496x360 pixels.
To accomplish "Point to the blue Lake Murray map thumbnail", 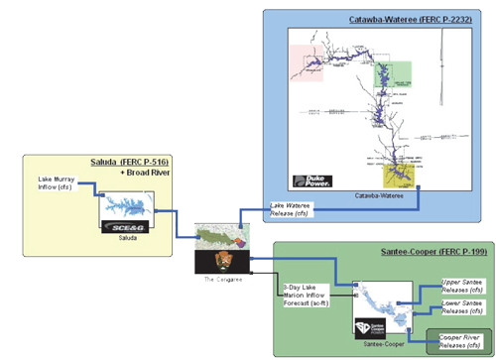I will pyautogui.click(x=126, y=206).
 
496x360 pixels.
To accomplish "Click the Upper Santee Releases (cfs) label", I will pyautogui.click(x=461, y=288).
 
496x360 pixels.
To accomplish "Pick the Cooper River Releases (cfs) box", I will pyautogui.click(x=458, y=341).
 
